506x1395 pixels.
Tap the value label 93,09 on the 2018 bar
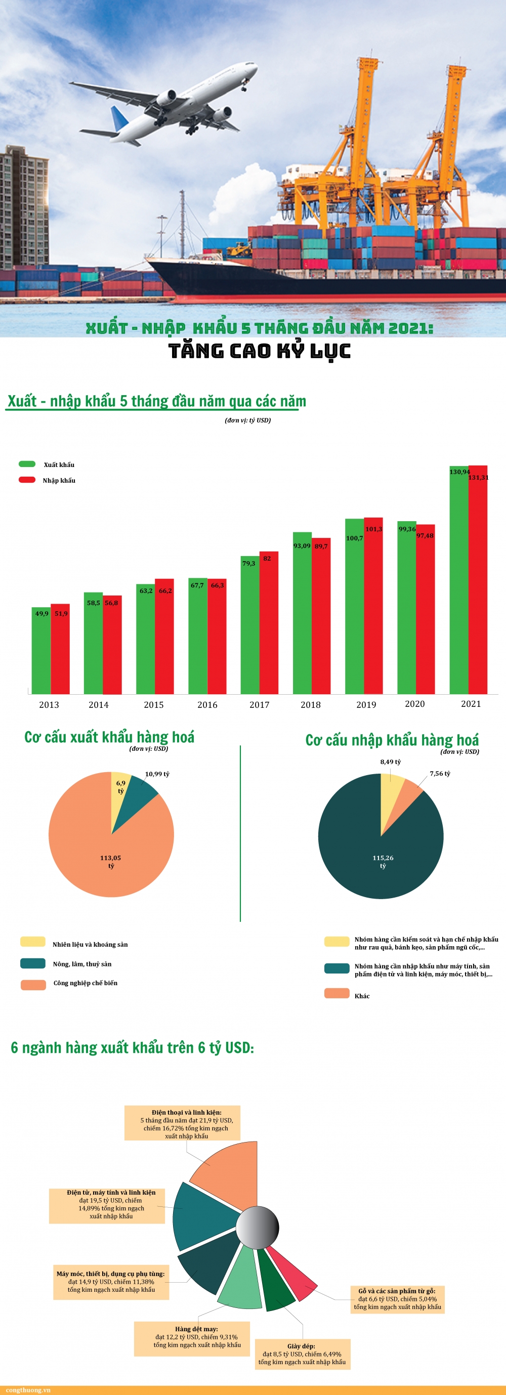[x=302, y=545]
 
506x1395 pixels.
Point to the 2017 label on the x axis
[x=259, y=704]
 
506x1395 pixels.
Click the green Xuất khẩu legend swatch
[x=27, y=464]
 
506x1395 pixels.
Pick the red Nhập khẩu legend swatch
[x=27, y=480]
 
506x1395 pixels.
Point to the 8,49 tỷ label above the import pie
[x=390, y=762]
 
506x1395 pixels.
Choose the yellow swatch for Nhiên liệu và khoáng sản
[x=32, y=941]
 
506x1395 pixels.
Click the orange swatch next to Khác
[x=336, y=993]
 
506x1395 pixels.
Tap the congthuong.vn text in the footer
[x=28, y=1389]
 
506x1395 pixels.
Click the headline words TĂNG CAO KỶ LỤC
[x=259, y=351]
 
